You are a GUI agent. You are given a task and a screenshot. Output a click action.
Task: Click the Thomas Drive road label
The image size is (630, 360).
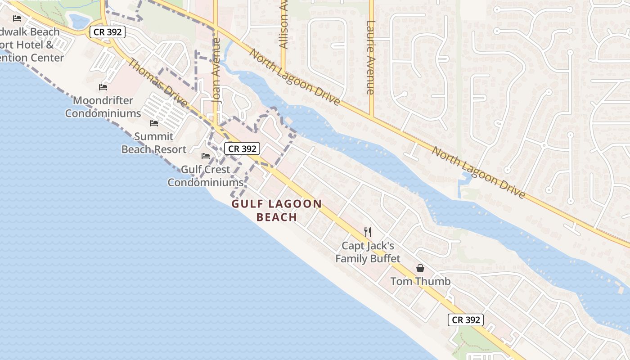pyautogui.click(x=158, y=83)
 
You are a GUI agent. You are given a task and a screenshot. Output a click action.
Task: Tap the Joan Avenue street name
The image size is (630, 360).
pyautogui.click(x=217, y=71)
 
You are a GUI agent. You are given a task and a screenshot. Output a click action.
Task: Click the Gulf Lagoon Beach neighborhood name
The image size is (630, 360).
pyautogui.click(x=277, y=210)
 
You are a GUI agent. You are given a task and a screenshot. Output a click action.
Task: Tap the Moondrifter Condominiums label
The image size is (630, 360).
pyautogui.click(x=103, y=107)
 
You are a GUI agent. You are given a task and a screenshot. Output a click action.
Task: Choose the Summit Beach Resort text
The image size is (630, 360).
pyautogui.click(x=154, y=143)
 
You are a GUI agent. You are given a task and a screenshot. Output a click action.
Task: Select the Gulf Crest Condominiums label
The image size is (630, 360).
pyautogui.click(x=206, y=176)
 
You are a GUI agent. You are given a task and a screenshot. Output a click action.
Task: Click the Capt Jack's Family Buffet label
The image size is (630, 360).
pyautogui.click(x=368, y=252)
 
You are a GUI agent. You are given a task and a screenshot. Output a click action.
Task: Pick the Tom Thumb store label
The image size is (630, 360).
pyautogui.click(x=420, y=281)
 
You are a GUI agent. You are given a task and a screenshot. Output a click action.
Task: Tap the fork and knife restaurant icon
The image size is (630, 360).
pyautogui.click(x=368, y=232)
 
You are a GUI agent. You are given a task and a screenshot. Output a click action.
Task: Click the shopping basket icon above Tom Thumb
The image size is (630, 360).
pyautogui.click(x=420, y=268)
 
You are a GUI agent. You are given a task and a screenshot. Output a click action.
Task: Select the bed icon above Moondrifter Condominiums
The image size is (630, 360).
pyautogui.click(x=103, y=87)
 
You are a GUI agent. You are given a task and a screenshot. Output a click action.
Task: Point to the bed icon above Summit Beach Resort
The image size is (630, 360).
pyautogui.click(x=154, y=123)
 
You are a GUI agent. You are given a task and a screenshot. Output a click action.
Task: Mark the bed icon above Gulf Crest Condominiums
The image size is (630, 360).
pyautogui.click(x=206, y=156)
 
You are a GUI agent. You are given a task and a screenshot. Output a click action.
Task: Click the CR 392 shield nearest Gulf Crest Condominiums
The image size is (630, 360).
pyautogui.click(x=242, y=148)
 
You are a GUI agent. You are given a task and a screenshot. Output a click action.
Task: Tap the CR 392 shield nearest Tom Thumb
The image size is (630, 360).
pyautogui.click(x=466, y=320)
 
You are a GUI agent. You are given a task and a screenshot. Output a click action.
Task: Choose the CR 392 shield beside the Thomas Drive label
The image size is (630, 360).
pyautogui.click(x=107, y=32)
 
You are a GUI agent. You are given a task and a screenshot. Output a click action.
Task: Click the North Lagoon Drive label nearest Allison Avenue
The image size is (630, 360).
pyautogui.click(x=294, y=77)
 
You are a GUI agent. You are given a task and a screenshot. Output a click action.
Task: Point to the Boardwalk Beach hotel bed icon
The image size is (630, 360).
pyautogui.click(x=17, y=18)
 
